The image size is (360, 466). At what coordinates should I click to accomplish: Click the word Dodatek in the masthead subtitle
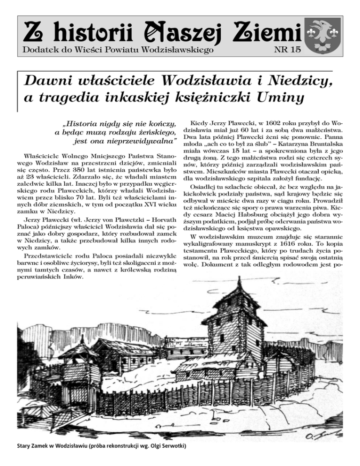39,48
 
